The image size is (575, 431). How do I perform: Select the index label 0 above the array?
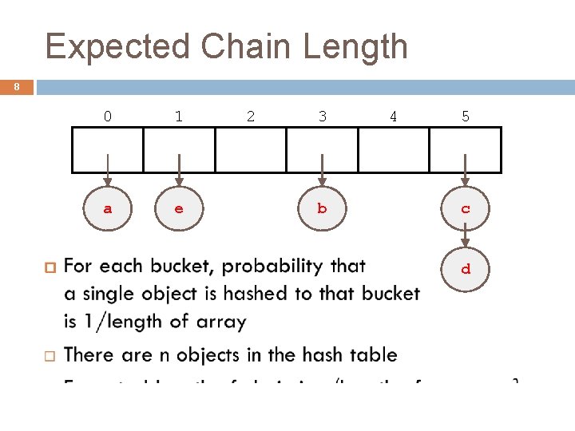pos(108,117)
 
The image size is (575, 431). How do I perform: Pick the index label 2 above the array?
pos(251,117)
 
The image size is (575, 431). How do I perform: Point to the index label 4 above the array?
pos(393,117)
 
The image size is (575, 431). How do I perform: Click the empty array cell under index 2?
pos(251,150)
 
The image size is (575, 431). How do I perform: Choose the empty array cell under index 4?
pos(393,150)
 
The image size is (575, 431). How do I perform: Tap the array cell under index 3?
pos(322,150)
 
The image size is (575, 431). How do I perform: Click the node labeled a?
pos(108,209)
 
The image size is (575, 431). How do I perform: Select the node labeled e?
pos(179,209)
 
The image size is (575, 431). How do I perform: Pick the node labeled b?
pos(322,209)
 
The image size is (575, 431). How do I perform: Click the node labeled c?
pos(465,209)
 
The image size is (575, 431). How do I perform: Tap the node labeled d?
pos(465,270)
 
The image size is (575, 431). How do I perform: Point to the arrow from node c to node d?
pos(465,239)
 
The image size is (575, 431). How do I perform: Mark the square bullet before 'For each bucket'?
pos(47,266)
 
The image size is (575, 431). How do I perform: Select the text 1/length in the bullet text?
pos(117,322)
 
